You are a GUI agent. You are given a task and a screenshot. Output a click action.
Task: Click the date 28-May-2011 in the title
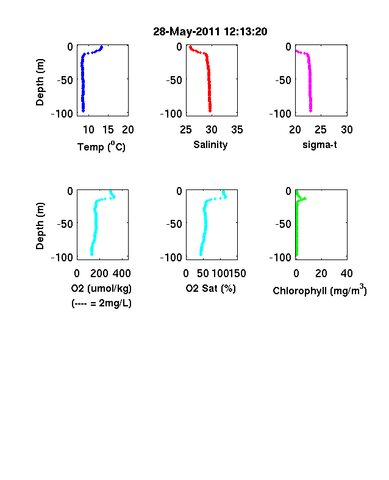coord(186,32)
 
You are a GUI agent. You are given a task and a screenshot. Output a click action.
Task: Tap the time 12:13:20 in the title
coord(245,32)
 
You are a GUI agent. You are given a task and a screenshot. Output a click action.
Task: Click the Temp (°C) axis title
coord(101,147)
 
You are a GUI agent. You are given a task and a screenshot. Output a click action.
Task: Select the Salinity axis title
coord(210,144)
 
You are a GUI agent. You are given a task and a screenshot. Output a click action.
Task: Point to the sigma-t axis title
coord(319,144)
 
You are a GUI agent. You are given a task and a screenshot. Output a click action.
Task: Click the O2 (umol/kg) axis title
coord(101,288)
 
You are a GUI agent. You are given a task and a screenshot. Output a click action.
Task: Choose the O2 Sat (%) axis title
coord(211,288)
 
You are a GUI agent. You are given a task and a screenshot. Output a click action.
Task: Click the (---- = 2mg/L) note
coord(101,303)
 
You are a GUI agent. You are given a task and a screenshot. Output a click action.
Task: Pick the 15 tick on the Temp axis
coord(108,130)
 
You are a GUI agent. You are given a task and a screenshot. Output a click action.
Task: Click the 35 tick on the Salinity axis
coord(237,130)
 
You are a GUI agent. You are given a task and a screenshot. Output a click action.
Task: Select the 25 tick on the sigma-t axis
coord(321,130)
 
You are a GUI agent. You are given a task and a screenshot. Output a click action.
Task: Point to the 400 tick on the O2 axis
coord(122,274)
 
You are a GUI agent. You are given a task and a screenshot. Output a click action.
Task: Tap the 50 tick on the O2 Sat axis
coord(203,274)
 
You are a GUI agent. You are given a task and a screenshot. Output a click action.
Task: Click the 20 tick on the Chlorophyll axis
coord(321,274)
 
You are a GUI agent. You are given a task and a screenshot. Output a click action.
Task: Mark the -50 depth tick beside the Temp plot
coord(65,80)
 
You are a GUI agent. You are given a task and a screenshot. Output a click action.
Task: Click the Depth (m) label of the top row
coord(40,82)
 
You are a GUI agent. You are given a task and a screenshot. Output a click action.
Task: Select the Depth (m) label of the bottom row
coord(40,226)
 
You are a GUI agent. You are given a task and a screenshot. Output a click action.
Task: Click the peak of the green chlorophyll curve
coord(305,199)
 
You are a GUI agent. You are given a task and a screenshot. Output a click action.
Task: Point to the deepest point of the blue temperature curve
coord(83,111)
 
